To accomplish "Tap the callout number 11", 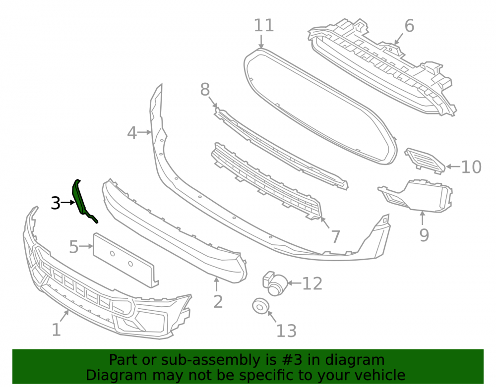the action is point(264,25).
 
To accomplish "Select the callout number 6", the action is point(409,26).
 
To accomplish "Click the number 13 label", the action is point(286,331).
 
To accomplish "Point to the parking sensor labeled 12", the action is point(275,283).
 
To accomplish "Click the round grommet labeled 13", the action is point(261,306).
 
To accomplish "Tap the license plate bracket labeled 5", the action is point(125,260).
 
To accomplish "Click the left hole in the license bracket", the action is point(112,253).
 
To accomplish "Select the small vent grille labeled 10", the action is point(425,161).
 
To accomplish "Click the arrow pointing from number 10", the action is point(453,166).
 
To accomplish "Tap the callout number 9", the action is point(424,235).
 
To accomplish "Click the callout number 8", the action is point(205,89).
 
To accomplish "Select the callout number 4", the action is point(132,133).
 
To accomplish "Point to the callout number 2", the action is point(218,302).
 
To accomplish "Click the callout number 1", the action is point(57,330).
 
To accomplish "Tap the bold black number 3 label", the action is point(56,203).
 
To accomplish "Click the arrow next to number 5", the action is point(86,246).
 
